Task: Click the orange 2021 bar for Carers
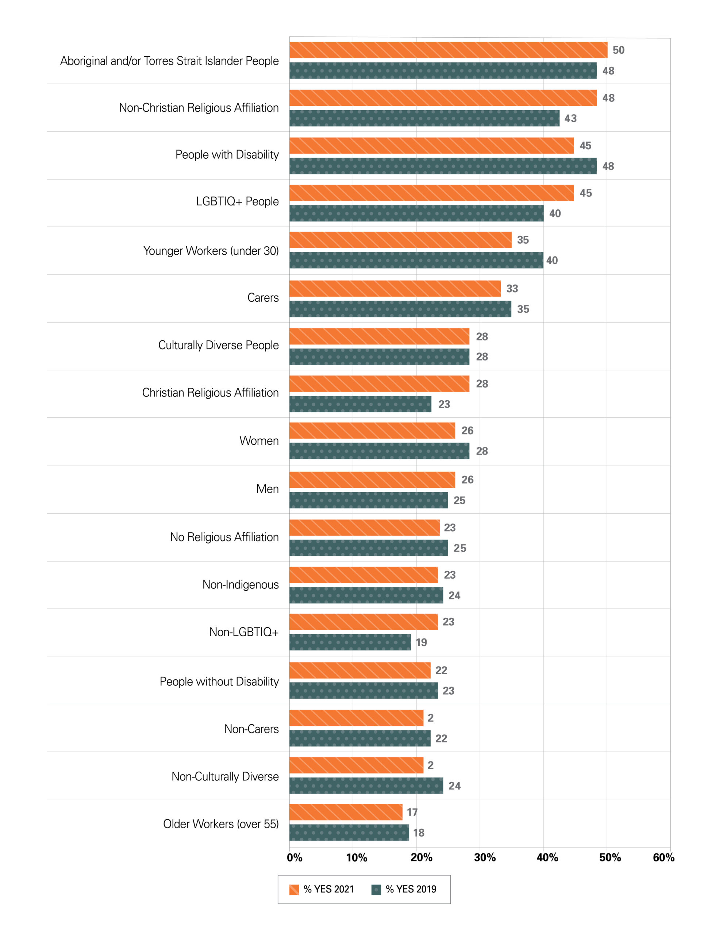click(395, 289)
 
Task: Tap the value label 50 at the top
click(618, 50)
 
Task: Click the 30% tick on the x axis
click(484, 857)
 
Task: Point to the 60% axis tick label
click(663, 857)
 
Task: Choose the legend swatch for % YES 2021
click(294, 889)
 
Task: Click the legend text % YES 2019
click(411, 889)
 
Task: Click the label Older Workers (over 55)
click(221, 824)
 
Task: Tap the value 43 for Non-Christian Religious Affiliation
click(570, 119)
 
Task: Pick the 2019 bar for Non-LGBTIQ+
click(350, 642)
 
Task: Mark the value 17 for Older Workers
click(412, 812)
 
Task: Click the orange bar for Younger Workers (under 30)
click(400, 240)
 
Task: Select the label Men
click(268, 489)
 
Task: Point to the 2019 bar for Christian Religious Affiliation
click(360, 404)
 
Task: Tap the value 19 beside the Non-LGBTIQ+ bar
click(422, 642)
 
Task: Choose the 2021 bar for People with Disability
click(431, 146)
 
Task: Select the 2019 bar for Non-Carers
click(360, 738)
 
